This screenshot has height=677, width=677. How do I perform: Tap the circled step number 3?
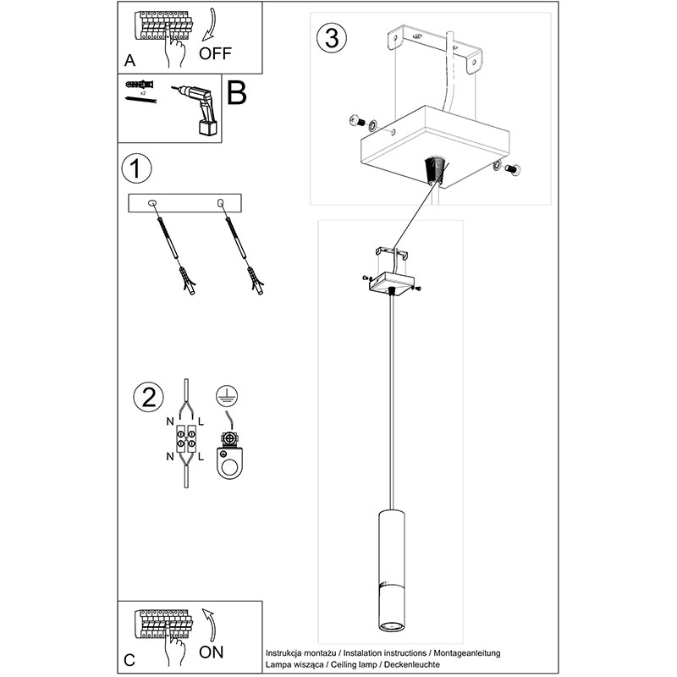[331, 39]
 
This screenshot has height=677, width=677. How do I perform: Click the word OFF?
[217, 54]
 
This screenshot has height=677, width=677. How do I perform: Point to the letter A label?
[129, 61]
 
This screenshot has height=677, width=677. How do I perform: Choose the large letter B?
[236, 93]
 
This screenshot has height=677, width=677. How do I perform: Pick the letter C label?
[129, 658]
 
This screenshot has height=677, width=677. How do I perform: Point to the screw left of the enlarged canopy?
[355, 122]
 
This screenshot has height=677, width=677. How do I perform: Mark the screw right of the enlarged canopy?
[511, 169]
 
